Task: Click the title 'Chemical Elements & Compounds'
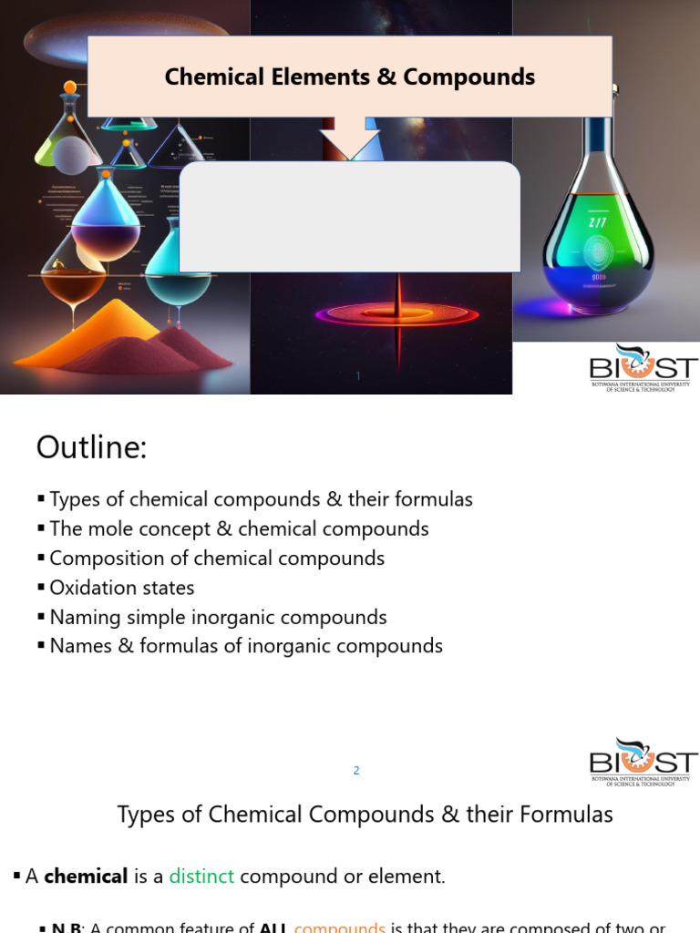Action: [x=350, y=77]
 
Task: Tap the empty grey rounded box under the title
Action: [x=350, y=217]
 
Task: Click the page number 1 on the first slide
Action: [x=359, y=375]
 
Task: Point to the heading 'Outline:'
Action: [x=91, y=448]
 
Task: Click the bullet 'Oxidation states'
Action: [x=121, y=588]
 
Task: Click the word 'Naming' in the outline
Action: [x=82, y=617]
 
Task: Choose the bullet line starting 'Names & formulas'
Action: [x=245, y=646]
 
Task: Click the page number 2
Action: [x=356, y=771]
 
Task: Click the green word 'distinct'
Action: [x=201, y=877]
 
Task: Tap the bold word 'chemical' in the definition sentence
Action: [x=86, y=877]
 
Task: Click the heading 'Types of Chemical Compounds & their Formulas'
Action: [x=365, y=814]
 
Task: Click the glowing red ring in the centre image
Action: [x=397, y=314]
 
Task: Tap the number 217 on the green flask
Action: [x=597, y=223]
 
